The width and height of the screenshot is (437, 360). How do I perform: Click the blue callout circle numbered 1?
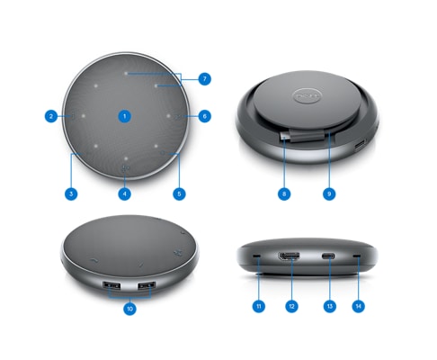[x=125, y=116]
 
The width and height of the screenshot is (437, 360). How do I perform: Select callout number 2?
[x=51, y=116]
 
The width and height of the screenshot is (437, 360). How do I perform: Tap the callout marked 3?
[x=71, y=193]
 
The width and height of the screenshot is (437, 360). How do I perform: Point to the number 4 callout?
[x=125, y=193]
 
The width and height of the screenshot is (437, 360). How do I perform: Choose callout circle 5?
[x=179, y=193]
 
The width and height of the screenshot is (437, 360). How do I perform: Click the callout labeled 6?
[x=205, y=116]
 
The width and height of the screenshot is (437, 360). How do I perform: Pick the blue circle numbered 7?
[x=205, y=79]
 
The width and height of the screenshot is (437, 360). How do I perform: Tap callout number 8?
[x=284, y=193]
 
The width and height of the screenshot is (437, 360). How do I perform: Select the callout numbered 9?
[x=329, y=193]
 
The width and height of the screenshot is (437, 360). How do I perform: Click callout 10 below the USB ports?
[x=129, y=309]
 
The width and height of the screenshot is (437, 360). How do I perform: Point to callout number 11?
[x=259, y=306]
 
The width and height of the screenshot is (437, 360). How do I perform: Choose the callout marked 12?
[x=291, y=306]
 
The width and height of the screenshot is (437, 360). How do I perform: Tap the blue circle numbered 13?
[x=330, y=306]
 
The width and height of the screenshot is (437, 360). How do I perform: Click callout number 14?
[x=358, y=306]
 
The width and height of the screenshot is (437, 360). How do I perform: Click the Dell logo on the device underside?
[x=307, y=96]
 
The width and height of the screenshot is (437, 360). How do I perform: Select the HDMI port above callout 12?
[x=290, y=256]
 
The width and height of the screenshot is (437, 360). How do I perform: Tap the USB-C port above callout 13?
[x=328, y=256]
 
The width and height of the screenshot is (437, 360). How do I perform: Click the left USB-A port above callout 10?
[x=111, y=285]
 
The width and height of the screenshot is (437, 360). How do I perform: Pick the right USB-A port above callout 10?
[x=147, y=285]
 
